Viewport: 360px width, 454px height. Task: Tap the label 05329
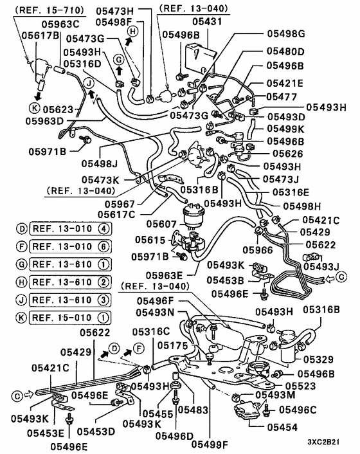click(318, 359)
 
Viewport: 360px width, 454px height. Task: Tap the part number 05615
click(150, 240)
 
